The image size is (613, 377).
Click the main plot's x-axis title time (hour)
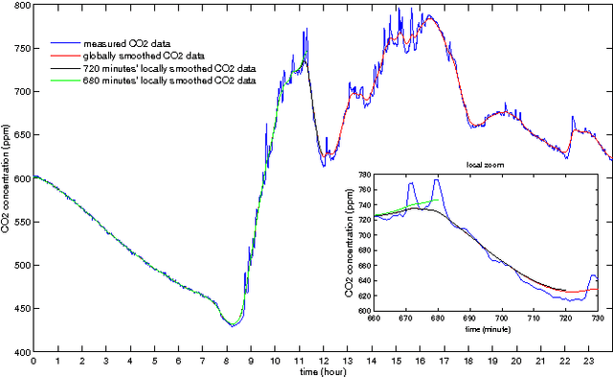pos(322,371)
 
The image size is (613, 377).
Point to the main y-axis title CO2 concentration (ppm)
pos(8,178)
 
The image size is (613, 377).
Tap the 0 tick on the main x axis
pos(34,362)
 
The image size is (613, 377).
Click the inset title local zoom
pos(486,166)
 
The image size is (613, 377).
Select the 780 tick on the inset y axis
pos(362,177)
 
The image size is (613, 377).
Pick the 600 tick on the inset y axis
pos(362,311)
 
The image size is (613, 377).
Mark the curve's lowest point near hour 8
pos(233,326)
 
